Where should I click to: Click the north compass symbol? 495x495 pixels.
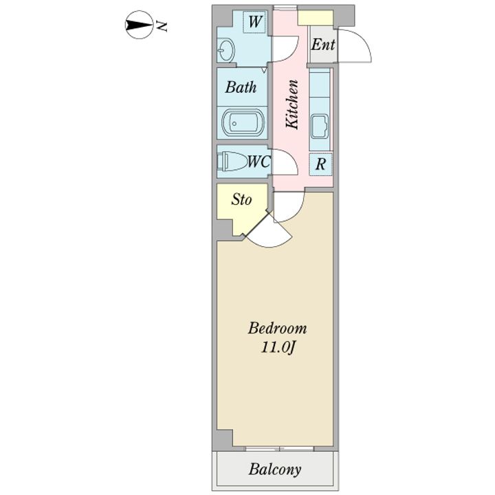point(137,25)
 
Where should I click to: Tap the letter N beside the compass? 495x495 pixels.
point(162,26)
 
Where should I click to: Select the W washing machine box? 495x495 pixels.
point(254,21)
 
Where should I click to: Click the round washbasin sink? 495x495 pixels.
point(226,50)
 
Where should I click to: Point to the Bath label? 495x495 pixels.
point(241,87)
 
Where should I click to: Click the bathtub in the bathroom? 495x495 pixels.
point(243,123)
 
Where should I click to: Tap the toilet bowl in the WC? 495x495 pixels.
point(232,162)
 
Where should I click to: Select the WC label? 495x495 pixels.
point(258,162)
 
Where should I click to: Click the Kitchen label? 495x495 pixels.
point(291,104)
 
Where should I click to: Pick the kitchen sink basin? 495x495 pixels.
point(320,127)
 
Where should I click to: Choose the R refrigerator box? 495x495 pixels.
point(320,164)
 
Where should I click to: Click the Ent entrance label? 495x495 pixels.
point(323,45)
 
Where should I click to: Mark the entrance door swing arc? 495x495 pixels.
point(355,45)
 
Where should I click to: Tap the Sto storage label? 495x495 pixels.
point(241,199)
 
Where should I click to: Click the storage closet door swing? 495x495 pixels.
point(269,230)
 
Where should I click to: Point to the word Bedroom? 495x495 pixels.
point(277,329)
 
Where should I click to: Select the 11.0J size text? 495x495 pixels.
point(278,348)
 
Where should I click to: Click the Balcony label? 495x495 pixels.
point(274,470)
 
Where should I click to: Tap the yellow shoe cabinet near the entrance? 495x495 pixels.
point(316,18)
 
